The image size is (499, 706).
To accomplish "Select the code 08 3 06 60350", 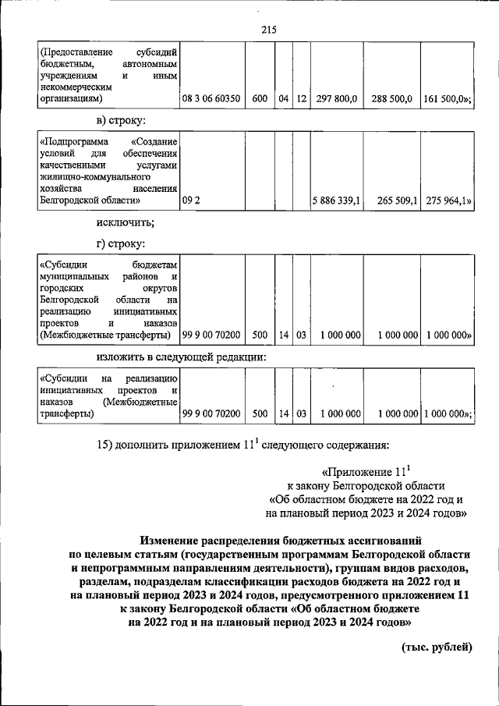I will (211, 99).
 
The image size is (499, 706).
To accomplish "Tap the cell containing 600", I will (260, 99).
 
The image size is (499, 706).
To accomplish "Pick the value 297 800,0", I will (337, 99).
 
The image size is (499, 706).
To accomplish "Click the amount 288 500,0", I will (391, 99).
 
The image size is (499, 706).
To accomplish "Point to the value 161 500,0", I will (446, 99).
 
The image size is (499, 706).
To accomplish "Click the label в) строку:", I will (120, 121).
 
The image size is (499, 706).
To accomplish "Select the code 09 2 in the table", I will (192, 200).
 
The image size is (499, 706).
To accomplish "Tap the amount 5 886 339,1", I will (336, 200).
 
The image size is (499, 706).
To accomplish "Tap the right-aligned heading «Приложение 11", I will (364, 472).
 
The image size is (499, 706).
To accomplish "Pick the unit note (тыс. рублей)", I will (437, 647).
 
